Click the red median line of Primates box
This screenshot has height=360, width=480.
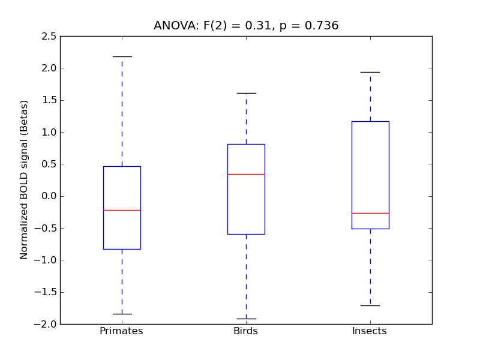(122, 210)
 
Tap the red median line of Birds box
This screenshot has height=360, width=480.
(246, 174)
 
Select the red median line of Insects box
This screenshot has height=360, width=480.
(370, 213)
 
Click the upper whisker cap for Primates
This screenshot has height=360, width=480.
(122, 56)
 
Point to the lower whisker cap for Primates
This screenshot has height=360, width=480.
(122, 314)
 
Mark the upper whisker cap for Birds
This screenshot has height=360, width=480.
(246, 93)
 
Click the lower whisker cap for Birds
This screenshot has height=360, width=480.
(246, 319)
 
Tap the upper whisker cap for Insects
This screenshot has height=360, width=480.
(370, 72)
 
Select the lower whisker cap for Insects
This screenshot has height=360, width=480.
(370, 305)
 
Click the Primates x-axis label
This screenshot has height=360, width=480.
(121, 331)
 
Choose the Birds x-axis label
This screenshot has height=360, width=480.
(246, 331)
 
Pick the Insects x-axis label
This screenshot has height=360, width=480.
(370, 331)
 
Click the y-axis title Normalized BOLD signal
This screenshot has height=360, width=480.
(25, 180)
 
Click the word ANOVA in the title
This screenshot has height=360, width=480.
(172, 26)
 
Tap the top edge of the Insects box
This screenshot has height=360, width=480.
(370, 121)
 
